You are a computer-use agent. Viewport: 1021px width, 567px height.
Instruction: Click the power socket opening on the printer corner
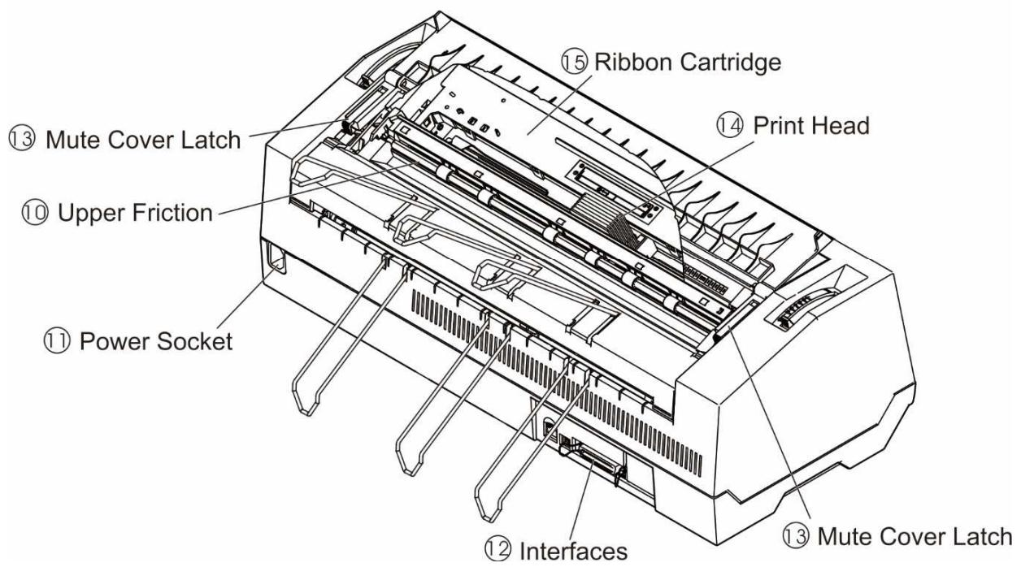coord(274,262)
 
